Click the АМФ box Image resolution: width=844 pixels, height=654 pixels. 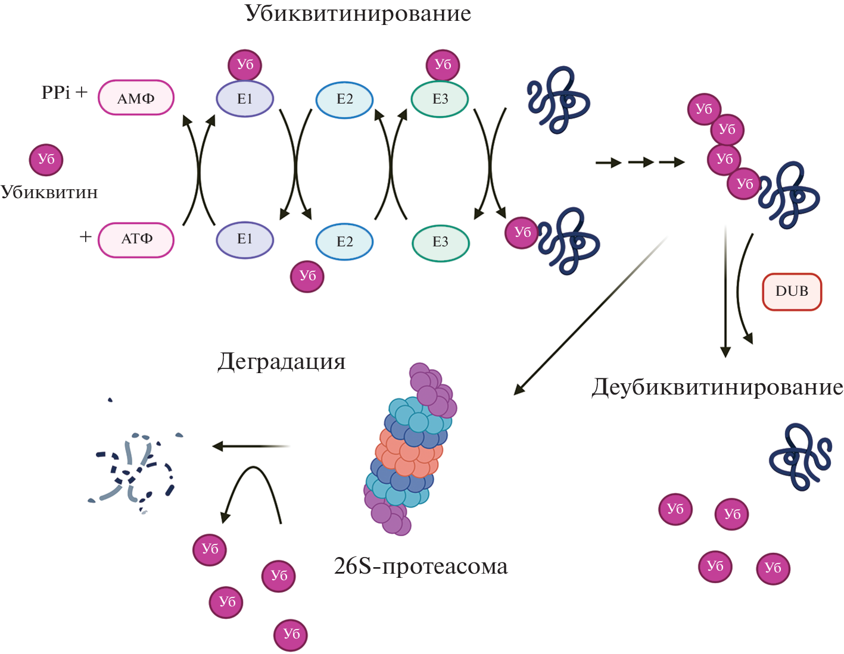pyautogui.click(x=136, y=98)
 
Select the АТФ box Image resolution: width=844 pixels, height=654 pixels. pyautogui.click(x=136, y=239)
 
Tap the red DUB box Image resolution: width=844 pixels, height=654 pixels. pyautogui.click(x=792, y=292)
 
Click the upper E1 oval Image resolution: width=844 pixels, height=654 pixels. pyautogui.click(x=245, y=99)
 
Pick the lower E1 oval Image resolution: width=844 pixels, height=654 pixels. pyautogui.click(x=245, y=239)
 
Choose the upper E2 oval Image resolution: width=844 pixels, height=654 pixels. pyautogui.click(x=344, y=99)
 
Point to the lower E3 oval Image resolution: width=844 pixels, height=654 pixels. pyautogui.click(x=440, y=242)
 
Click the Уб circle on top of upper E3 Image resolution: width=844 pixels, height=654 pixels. pyautogui.click(x=443, y=64)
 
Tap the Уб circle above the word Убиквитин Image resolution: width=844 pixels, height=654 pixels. pyautogui.click(x=46, y=159)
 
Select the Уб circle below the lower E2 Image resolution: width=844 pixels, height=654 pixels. pyautogui.click(x=307, y=276)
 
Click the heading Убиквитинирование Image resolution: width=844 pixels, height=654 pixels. pyautogui.click(x=358, y=13)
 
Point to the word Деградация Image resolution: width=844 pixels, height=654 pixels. pyautogui.click(x=282, y=362)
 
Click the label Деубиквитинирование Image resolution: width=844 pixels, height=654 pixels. pyautogui.click(x=717, y=387)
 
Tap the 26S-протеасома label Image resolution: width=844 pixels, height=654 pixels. pyautogui.click(x=421, y=567)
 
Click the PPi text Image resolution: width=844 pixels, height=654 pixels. pyautogui.click(x=56, y=93)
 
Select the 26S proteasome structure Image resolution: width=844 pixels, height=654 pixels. pyautogui.click(x=410, y=450)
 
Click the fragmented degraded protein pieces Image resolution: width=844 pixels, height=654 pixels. pyautogui.click(x=136, y=467)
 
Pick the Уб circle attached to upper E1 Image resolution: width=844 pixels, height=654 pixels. pyautogui.click(x=245, y=64)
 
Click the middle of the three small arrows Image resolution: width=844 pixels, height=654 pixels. pyautogui.click(x=641, y=162)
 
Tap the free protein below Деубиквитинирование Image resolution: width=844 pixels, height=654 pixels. pyautogui.click(x=800, y=456)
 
